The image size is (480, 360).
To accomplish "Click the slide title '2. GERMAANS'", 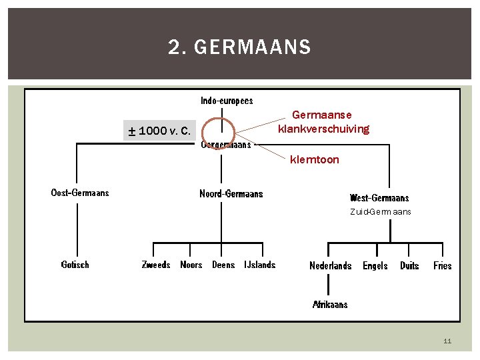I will (x=239, y=47).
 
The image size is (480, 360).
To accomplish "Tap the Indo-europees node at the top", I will (x=227, y=101).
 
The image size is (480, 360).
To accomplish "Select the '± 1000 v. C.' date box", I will (x=159, y=131).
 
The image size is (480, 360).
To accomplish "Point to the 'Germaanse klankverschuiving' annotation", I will (x=323, y=122).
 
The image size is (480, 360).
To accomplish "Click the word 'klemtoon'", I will (x=314, y=160).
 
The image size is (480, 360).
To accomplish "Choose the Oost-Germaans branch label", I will (x=80, y=193).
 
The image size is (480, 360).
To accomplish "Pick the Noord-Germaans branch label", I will (x=231, y=194).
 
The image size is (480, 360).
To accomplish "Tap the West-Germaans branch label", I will (x=379, y=198).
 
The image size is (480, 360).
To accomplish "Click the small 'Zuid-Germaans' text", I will (x=381, y=212).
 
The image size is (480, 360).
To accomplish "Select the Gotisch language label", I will (x=75, y=265).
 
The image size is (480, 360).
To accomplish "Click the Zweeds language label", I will (x=156, y=265).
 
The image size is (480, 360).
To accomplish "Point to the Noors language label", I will (x=191, y=265).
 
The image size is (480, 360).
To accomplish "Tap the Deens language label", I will (x=223, y=265).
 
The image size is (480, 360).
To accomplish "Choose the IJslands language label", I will (x=259, y=265).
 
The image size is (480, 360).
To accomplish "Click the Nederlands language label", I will (x=331, y=266).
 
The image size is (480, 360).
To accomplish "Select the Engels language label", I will (x=375, y=266).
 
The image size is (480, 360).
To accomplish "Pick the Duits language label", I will (x=409, y=266).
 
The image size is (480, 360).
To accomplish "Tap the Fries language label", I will (x=443, y=266).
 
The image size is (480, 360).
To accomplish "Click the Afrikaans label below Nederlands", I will (x=330, y=305).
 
